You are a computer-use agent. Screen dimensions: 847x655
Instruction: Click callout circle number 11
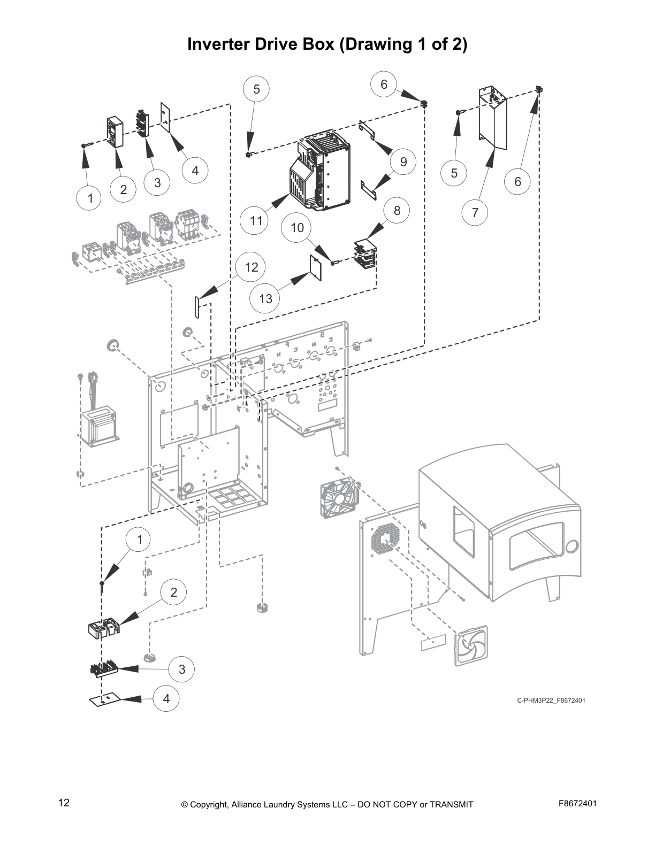click(x=256, y=220)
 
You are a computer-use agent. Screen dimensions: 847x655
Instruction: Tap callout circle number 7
click(x=475, y=213)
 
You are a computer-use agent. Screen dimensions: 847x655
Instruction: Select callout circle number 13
click(x=265, y=298)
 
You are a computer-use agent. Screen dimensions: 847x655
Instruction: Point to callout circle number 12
click(x=252, y=267)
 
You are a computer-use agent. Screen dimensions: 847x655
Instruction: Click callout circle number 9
click(x=403, y=161)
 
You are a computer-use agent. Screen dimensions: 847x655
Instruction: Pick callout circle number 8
click(x=397, y=210)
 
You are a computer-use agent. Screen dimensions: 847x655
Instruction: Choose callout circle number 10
click(x=297, y=227)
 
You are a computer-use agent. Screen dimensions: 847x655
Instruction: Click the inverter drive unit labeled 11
click(x=319, y=171)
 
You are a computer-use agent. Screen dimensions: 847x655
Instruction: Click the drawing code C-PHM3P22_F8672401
click(x=551, y=700)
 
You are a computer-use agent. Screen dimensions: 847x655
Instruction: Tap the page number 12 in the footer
click(x=64, y=803)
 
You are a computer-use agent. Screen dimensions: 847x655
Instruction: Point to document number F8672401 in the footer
click(x=577, y=803)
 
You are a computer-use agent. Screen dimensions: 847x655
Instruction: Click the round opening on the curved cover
click(x=571, y=547)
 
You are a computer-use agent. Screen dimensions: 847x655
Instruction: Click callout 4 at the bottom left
click(x=166, y=698)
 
